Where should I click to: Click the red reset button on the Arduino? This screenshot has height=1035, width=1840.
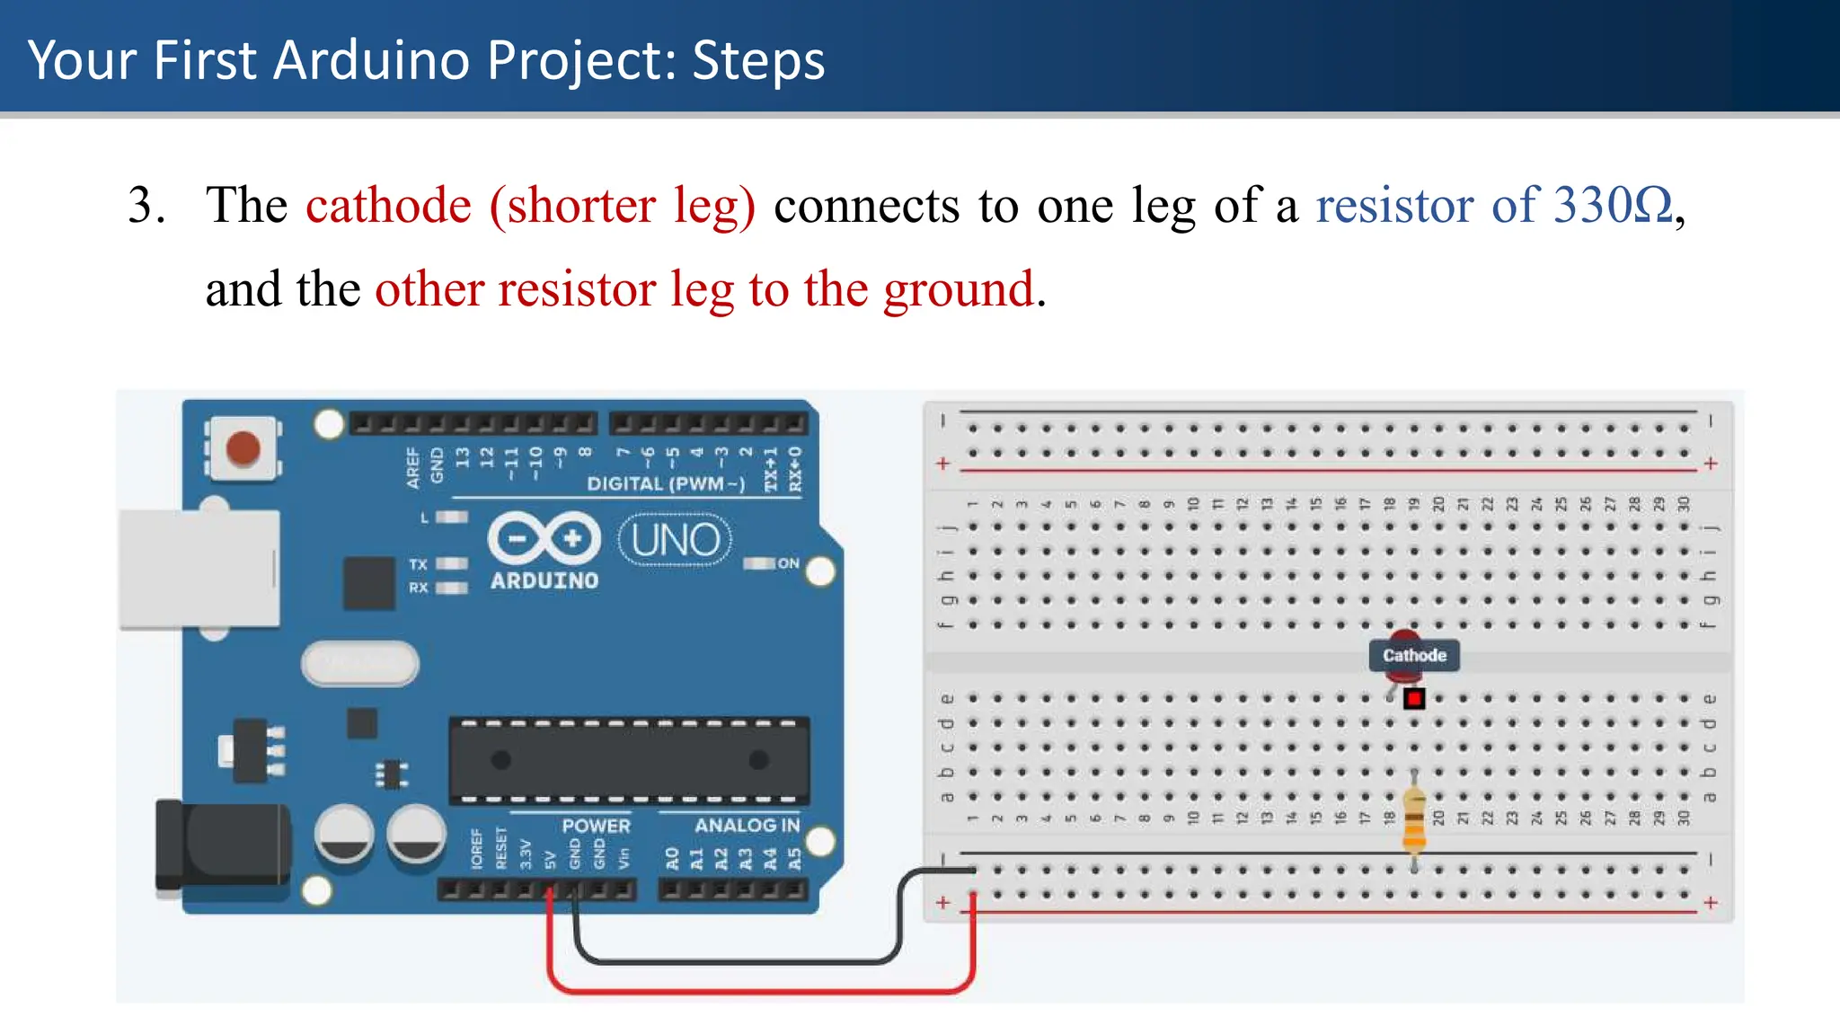point(243,447)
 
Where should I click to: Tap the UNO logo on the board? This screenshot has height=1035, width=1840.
point(676,540)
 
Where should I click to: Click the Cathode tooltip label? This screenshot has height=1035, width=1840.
point(1414,656)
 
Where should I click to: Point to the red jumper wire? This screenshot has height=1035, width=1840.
point(760,991)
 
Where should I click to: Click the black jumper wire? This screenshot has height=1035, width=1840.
point(737,961)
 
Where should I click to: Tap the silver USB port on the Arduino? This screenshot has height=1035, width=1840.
point(199,569)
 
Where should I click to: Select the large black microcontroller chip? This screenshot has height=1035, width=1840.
point(629,760)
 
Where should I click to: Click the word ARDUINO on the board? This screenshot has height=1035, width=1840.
point(544,581)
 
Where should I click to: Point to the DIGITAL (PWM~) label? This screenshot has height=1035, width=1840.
point(666,483)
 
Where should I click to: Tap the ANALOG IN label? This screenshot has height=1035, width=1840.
point(747,825)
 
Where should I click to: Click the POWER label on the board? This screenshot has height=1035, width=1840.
point(596,825)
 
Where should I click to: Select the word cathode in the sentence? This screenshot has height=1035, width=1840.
point(388,206)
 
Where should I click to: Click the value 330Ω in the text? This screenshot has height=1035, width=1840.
point(1614,206)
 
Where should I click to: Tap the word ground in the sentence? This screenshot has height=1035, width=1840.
point(959,290)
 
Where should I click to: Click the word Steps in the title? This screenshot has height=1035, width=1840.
point(758,61)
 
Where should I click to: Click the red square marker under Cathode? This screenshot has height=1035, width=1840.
point(1414,698)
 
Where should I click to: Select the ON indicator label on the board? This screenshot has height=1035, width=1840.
point(788,563)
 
